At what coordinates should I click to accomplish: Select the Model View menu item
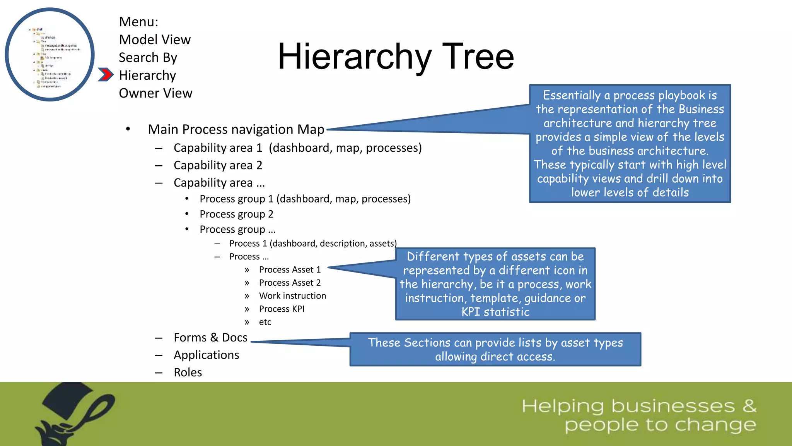coord(155,39)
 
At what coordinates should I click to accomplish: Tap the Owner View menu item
coord(155,93)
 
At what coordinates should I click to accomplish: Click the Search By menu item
coord(148,57)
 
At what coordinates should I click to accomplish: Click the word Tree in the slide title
coord(478,57)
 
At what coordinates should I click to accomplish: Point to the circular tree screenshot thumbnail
coord(49,55)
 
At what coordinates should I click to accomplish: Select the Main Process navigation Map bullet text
coord(236,129)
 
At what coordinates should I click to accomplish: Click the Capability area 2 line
coord(218,165)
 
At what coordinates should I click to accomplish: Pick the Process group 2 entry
coord(236,214)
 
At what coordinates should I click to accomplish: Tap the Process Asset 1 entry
coord(290,269)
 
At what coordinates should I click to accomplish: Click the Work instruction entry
coord(292,296)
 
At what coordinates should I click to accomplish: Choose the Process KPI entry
coord(282,309)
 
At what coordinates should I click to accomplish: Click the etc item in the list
coord(265,322)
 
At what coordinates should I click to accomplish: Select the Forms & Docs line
coord(210,338)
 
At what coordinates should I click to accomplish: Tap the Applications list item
coord(206,355)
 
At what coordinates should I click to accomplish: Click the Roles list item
coord(188,372)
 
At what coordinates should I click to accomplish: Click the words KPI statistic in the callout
coord(495,312)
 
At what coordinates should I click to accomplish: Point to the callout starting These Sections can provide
coord(495,349)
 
